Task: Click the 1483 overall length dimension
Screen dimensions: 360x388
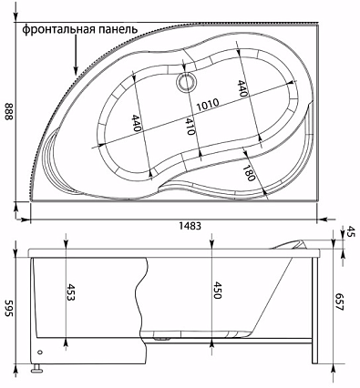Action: click(190, 226)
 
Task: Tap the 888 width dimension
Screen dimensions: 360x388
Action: click(9, 111)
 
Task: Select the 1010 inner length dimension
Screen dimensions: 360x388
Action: click(208, 105)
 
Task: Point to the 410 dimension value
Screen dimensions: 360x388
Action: click(190, 127)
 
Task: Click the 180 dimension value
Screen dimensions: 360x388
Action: click(248, 172)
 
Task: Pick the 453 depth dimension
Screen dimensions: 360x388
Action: click(70, 293)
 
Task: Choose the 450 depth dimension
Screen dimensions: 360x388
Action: click(217, 291)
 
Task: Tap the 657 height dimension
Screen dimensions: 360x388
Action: click(339, 301)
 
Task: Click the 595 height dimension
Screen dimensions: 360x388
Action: click(9, 309)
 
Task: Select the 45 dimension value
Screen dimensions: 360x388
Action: click(347, 231)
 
